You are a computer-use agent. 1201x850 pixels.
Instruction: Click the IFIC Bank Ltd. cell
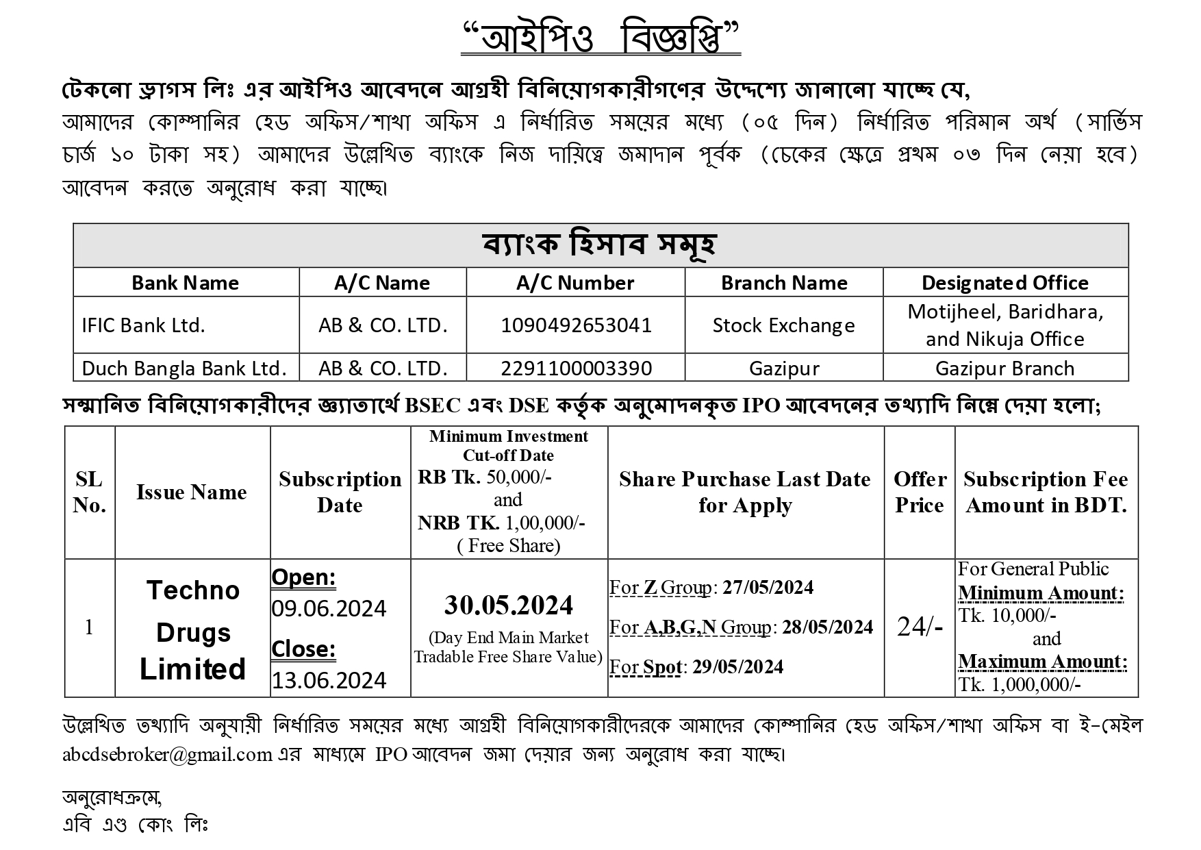pos(144,325)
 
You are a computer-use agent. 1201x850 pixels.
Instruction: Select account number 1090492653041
pos(576,325)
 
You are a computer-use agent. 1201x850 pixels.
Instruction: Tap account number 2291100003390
pos(576,368)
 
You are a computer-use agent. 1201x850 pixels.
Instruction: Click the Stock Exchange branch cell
pos(783,325)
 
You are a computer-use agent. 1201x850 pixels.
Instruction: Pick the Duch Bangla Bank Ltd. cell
pos(184,368)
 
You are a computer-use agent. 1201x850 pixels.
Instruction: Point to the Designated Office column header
pos(1004,283)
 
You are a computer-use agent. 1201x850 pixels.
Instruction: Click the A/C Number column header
pos(575,283)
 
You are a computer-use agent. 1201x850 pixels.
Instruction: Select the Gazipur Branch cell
pos(1004,368)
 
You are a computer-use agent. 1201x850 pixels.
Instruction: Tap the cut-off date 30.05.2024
pos(509,605)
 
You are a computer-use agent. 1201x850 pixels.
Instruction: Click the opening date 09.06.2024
pos(329,608)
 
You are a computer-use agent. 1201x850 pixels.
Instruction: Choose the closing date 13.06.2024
pos(329,680)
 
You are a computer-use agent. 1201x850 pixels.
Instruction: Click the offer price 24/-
pos(920,626)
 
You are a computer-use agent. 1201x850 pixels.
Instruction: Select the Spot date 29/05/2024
pos(738,667)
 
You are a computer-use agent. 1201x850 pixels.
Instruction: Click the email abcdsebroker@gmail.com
pos(168,754)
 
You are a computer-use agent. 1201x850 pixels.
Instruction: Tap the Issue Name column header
pos(192,492)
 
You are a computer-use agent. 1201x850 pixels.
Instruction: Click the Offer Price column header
pos(920,492)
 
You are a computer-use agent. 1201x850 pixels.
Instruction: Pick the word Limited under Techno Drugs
pos(192,669)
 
